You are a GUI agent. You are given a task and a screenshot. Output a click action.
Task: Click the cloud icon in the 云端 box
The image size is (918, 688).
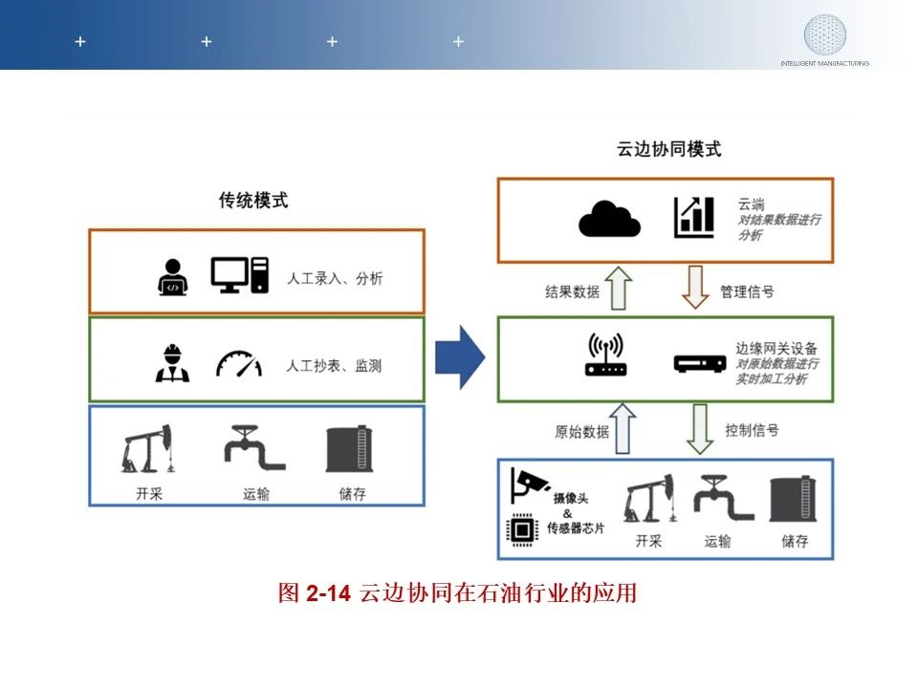pyautogui.click(x=609, y=219)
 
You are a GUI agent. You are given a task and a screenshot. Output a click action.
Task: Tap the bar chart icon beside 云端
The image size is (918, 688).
pyautogui.click(x=693, y=218)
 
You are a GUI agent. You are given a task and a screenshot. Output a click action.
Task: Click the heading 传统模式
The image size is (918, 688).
pyautogui.click(x=253, y=201)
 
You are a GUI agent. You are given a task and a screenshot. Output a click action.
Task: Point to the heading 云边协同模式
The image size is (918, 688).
pyautogui.click(x=668, y=149)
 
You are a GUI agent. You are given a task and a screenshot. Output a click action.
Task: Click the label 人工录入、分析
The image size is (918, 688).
pyautogui.click(x=335, y=279)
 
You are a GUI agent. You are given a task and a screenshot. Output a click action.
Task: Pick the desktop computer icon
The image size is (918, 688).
pyautogui.click(x=240, y=275)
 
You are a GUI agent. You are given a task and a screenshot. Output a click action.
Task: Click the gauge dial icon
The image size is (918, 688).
pyautogui.click(x=238, y=364)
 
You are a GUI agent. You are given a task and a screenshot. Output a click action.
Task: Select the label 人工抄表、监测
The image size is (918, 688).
pyautogui.click(x=334, y=365)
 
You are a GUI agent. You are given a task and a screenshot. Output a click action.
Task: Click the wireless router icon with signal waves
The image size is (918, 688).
pyautogui.click(x=605, y=355)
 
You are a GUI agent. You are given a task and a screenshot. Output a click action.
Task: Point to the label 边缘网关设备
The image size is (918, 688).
pyautogui.click(x=776, y=349)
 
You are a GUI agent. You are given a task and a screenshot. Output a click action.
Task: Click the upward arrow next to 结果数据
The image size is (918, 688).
pyautogui.click(x=620, y=289)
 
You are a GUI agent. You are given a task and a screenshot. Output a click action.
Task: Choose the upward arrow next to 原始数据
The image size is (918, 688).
pyautogui.click(x=622, y=428)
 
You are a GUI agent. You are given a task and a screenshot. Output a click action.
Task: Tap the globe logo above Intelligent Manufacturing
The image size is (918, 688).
pyautogui.click(x=824, y=34)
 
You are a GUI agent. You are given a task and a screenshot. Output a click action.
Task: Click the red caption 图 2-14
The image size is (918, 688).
pyautogui.click(x=315, y=592)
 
